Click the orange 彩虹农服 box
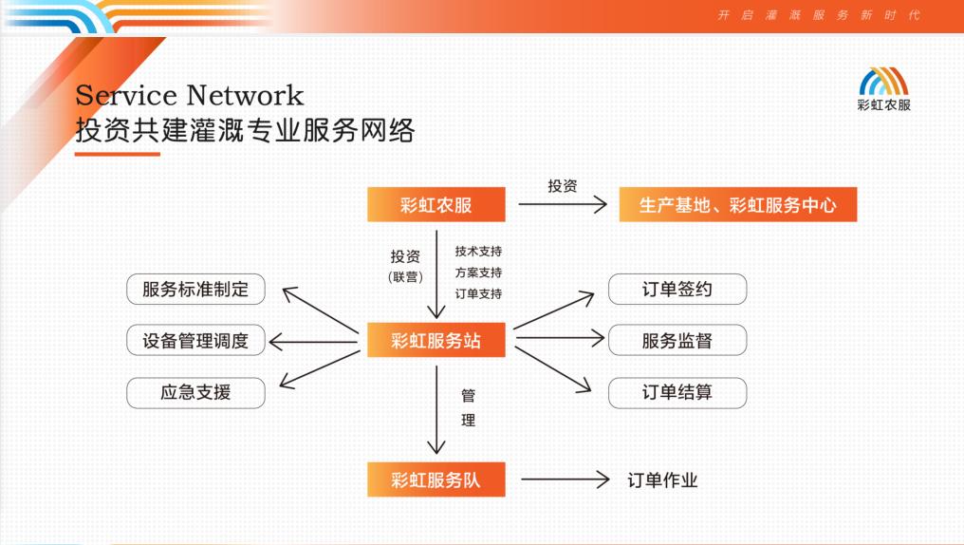(x=436, y=205)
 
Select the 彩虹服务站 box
(x=436, y=341)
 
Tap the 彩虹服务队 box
(x=436, y=479)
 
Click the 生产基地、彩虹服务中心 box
(x=737, y=205)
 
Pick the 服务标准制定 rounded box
(x=195, y=290)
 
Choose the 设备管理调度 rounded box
(x=195, y=341)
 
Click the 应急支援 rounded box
(x=195, y=392)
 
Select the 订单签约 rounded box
(x=677, y=290)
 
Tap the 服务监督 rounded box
(x=677, y=341)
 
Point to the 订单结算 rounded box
(x=677, y=392)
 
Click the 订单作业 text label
(x=662, y=480)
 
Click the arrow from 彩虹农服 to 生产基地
(x=563, y=204)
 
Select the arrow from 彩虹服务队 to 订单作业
(x=565, y=480)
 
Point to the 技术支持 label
(x=478, y=252)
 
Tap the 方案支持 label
(x=478, y=272)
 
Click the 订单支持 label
(x=478, y=293)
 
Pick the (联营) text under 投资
(x=404, y=277)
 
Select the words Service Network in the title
(x=190, y=96)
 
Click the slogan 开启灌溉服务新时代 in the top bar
(x=818, y=15)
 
